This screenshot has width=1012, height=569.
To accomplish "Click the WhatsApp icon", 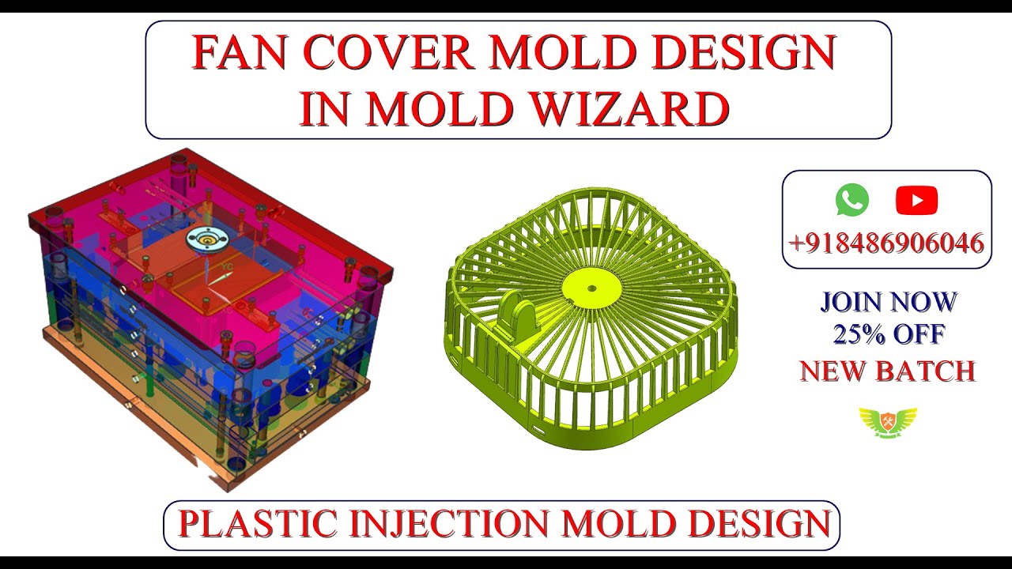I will pos(852,200).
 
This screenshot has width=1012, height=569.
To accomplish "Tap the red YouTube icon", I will pos(916,201).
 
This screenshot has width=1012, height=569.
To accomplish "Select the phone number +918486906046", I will pos(886,243).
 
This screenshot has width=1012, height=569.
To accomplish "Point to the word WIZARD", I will pos(629,109).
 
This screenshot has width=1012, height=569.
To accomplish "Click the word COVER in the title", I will pos(387,54).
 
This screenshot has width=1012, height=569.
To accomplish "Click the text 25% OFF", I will pos(888,335).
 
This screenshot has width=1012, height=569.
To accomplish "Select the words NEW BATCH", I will pos(887,371).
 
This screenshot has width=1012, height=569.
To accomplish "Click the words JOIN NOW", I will pos(888,302).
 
